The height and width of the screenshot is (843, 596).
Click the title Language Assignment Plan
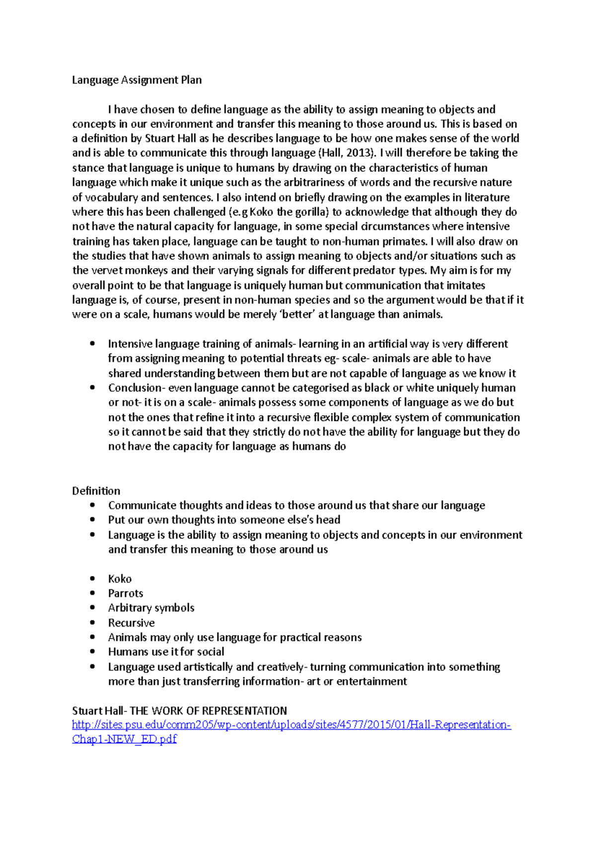(x=137, y=80)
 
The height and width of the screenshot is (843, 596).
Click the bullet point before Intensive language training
(x=92, y=344)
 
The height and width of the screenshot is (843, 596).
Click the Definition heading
(x=96, y=491)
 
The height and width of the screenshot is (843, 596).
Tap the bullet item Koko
(x=120, y=579)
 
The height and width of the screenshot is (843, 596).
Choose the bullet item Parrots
(x=126, y=593)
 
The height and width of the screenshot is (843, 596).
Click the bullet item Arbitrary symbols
(x=151, y=608)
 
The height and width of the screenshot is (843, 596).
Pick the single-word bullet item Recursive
(x=132, y=623)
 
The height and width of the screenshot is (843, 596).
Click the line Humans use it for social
(x=166, y=652)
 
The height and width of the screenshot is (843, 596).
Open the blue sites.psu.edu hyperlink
(x=291, y=725)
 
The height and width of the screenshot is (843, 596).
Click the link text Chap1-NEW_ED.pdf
(x=124, y=739)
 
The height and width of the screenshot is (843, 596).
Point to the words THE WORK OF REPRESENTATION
(x=209, y=711)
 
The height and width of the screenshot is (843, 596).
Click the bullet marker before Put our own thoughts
(x=92, y=520)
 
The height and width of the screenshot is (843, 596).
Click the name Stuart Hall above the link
(x=97, y=711)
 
